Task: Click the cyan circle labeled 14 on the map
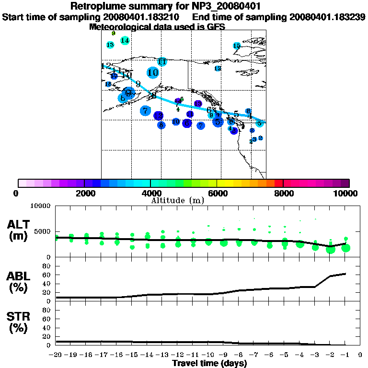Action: pyautogui.click(x=125, y=40)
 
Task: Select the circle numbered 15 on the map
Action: pyautogui.click(x=237, y=46)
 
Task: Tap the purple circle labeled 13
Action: pyautogui.click(x=198, y=103)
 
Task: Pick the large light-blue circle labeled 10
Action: pyautogui.click(x=153, y=73)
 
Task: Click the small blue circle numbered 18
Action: pyautogui.click(x=108, y=84)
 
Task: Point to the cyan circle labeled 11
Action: pyautogui.click(x=162, y=62)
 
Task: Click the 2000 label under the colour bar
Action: pyautogui.click(x=84, y=194)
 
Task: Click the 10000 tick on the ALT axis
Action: pyautogui.click(x=41, y=206)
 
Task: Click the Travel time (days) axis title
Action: pyautogui.click(x=209, y=364)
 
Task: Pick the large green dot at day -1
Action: pyautogui.click(x=345, y=248)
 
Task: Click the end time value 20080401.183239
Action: pyautogui.click(x=328, y=17)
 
